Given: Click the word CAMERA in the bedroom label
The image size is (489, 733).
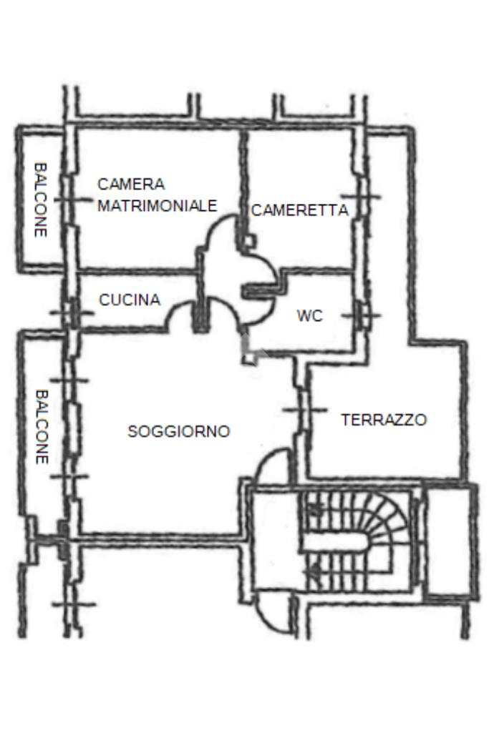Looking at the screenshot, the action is point(131,185).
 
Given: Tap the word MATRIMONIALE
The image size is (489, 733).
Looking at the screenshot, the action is point(158,206).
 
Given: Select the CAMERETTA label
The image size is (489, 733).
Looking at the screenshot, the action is point(300,210).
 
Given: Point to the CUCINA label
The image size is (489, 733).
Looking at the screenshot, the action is point(130,300).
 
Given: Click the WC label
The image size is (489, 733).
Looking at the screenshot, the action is point(310,316).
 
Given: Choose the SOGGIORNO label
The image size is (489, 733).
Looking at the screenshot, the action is point(179,431).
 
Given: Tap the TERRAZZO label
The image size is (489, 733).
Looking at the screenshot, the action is point(384,420).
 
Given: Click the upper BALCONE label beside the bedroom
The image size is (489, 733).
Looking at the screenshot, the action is point(41,200).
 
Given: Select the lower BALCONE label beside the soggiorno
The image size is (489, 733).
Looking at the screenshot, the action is point(42,427).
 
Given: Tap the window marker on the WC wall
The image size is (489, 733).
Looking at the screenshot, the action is point(362,316).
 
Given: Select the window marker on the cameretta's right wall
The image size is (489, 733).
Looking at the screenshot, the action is point(361,197).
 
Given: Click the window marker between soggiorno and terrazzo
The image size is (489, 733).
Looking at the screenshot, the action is point(304,410).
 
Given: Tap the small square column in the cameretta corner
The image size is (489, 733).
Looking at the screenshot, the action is point(250,241).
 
